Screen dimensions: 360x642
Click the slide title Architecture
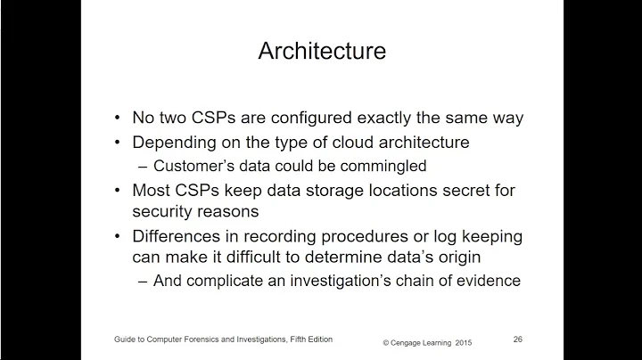[x=322, y=51]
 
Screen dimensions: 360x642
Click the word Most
[x=152, y=190]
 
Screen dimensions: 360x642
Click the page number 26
[x=518, y=339]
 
